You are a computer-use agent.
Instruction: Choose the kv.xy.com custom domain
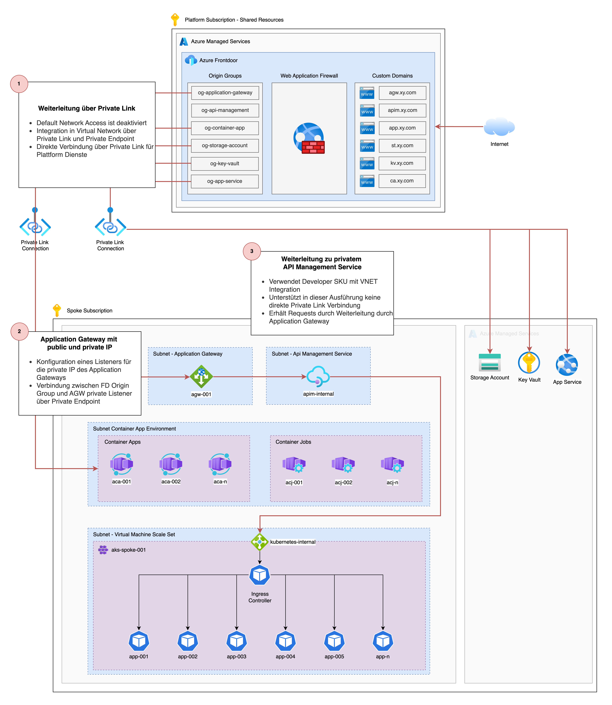(402, 163)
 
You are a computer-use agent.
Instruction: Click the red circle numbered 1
(19, 84)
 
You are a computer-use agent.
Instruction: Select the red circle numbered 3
(252, 251)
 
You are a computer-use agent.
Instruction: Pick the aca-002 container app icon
(171, 464)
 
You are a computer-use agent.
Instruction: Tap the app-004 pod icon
(286, 641)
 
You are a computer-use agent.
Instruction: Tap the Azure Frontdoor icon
(191, 60)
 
